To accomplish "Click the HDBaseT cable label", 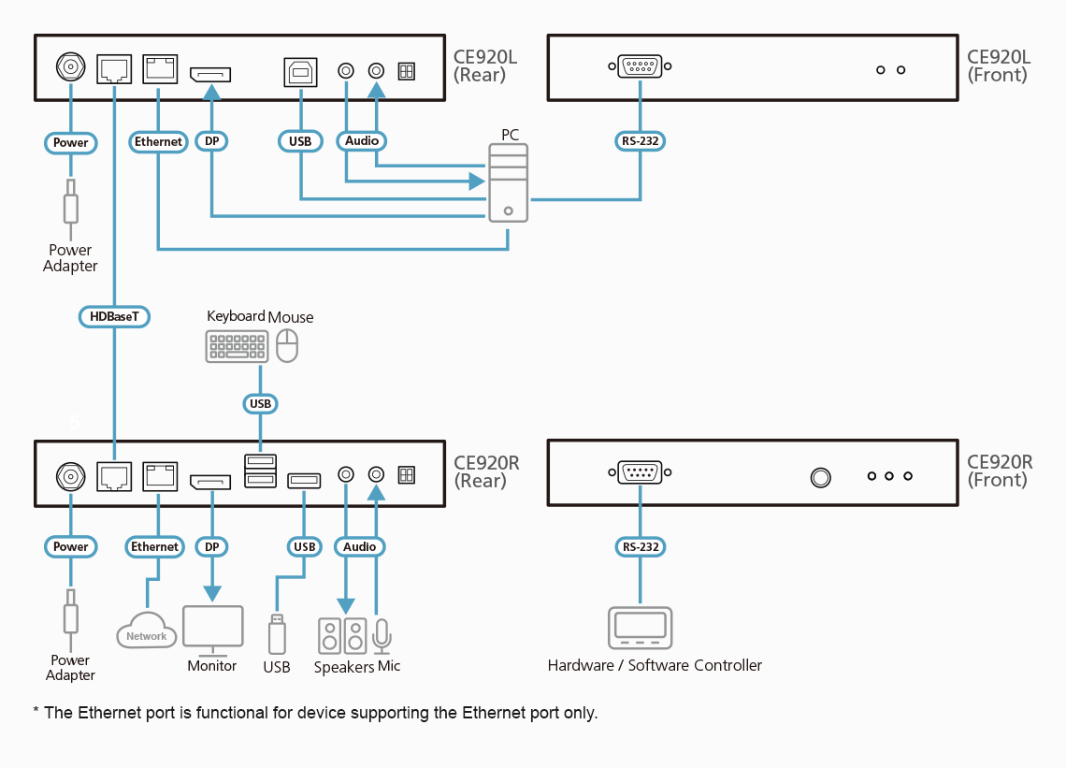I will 114,317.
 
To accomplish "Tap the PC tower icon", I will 508,182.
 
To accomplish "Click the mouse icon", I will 287,346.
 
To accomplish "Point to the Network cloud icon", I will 146,630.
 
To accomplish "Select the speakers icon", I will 342,636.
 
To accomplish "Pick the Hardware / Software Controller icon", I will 641,628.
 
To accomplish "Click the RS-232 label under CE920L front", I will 641,142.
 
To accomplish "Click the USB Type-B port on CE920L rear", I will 300,72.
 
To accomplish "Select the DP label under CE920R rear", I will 212,547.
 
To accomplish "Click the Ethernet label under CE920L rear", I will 158,142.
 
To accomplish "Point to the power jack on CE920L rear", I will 70,67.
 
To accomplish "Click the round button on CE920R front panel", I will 820,477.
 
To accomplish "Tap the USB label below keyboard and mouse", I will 260,404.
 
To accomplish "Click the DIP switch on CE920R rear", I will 406,475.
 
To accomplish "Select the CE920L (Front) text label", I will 998,66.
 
